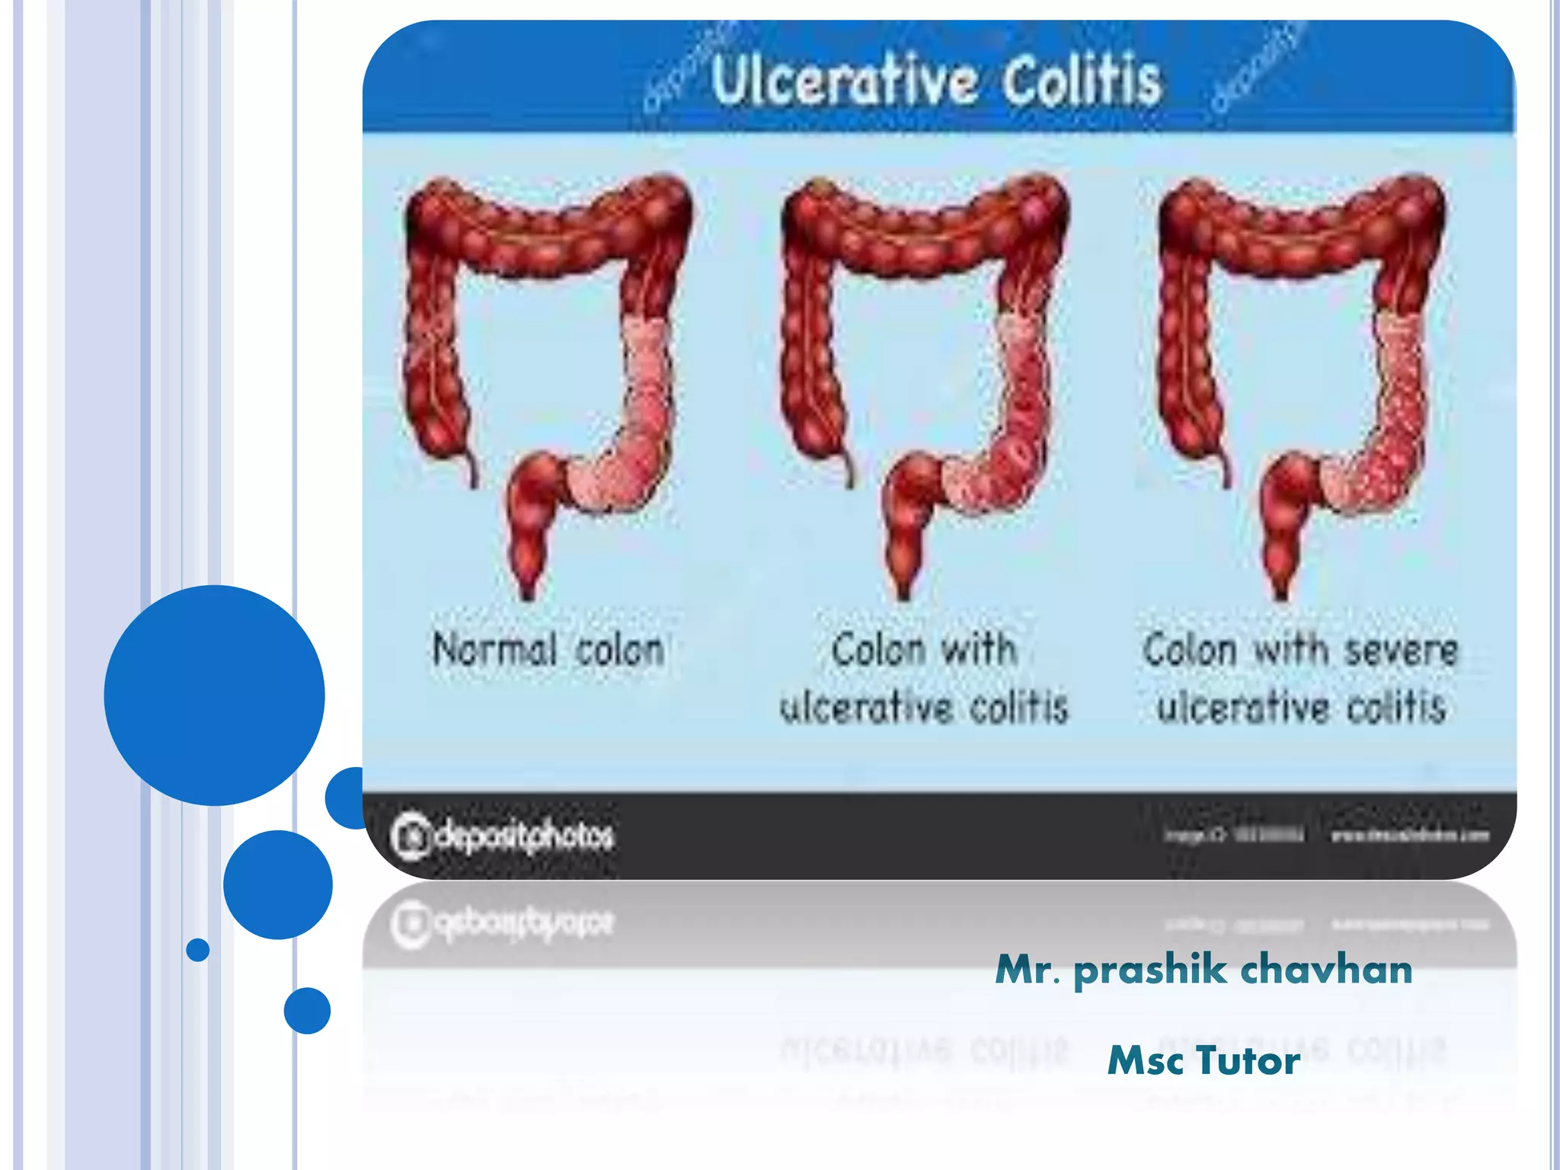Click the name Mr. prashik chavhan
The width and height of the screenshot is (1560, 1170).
pos(1204,970)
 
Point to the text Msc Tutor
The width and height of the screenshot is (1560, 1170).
pos(1204,1060)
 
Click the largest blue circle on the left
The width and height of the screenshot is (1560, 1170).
pos(214,695)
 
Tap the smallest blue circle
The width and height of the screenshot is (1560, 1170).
pos(197,950)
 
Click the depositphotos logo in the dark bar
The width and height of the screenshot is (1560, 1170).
pos(503,836)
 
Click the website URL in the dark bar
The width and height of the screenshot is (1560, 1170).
pos(1409,836)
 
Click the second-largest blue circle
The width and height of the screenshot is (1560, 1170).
pos(278,884)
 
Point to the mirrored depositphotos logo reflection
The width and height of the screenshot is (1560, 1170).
pos(503,923)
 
